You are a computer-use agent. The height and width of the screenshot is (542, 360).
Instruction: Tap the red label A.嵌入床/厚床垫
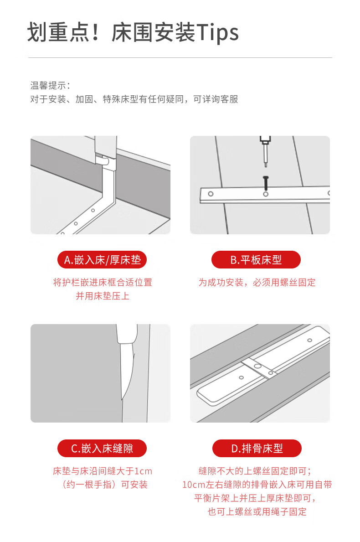[102, 259]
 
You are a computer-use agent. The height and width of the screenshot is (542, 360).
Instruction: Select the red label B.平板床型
[256, 259]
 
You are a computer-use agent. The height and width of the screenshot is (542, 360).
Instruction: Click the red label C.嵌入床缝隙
[102, 449]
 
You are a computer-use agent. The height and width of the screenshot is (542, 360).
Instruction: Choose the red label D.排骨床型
[257, 449]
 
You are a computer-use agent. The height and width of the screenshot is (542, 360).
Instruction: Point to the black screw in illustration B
[266, 182]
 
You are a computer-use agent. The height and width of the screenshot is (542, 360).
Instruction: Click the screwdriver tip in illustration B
[266, 165]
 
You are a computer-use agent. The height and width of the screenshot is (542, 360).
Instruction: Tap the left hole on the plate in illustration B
[211, 194]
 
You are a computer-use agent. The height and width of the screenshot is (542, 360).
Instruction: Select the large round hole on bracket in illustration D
[257, 366]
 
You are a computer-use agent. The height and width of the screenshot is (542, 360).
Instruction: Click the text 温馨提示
[48, 85]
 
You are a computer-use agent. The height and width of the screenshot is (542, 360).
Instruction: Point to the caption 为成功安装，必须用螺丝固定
[257, 283]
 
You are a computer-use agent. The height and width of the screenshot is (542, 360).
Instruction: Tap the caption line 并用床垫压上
[103, 296]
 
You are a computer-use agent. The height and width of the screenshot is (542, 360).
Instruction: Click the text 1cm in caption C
[144, 471]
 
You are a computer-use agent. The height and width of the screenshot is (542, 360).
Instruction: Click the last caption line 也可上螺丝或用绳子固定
[257, 511]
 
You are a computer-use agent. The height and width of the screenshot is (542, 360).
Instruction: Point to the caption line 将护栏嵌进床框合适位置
[103, 283]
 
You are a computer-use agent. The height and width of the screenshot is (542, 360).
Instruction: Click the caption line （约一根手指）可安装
[105, 485]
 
